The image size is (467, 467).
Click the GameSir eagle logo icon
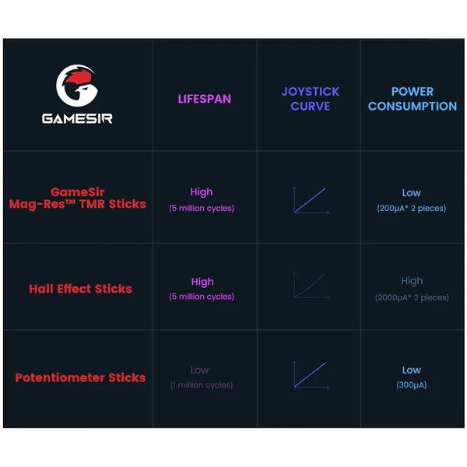(x=77, y=86)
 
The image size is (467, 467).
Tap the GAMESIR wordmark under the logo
(x=77, y=118)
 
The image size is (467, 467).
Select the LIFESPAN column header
(x=204, y=99)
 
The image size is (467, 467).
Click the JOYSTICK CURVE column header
(x=311, y=99)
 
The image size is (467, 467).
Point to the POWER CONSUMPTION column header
(x=413, y=99)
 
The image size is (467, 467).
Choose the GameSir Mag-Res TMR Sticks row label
(x=77, y=198)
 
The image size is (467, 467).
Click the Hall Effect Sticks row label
(x=80, y=289)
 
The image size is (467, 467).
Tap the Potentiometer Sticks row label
(x=80, y=377)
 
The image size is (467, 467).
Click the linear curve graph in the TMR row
(x=311, y=200)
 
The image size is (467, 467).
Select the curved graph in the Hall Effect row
(x=311, y=285)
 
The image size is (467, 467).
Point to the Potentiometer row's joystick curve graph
(x=311, y=374)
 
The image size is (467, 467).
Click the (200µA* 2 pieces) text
(x=411, y=208)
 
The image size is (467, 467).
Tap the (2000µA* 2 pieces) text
(x=412, y=297)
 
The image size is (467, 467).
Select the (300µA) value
(x=411, y=384)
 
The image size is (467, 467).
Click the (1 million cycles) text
(x=202, y=384)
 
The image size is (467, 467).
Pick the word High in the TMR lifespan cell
(x=202, y=192)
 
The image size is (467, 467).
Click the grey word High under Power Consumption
(x=412, y=281)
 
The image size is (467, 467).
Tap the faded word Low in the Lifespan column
(x=199, y=370)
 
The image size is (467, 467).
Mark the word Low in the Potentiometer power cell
(x=411, y=370)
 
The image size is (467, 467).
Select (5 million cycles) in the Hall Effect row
(x=202, y=297)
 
